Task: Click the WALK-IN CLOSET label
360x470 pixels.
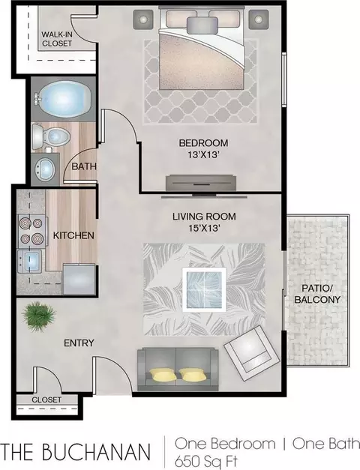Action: pos(57,39)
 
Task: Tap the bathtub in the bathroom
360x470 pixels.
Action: pos(63,98)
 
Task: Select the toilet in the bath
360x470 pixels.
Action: pos(50,137)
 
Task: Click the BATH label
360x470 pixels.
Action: pos(84,166)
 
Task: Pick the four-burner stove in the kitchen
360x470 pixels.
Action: pos(31,231)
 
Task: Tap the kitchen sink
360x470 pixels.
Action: pos(29,261)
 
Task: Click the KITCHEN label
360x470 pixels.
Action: pos(73,235)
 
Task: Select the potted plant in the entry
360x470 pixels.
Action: pos(38,317)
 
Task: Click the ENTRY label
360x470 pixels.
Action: pos(79,343)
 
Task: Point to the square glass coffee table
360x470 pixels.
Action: pos(204,290)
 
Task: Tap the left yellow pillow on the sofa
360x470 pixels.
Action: pos(162,375)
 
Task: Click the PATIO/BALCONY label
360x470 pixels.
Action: pos(317,294)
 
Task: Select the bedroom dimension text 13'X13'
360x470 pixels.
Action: pos(204,155)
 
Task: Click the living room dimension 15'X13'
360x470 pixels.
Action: pos(204,229)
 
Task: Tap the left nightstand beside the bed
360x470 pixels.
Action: pos(144,19)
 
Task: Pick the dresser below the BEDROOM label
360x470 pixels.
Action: pos(201,182)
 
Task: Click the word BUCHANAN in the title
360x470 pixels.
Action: pos(96,452)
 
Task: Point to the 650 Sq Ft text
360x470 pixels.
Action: pos(206,461)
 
